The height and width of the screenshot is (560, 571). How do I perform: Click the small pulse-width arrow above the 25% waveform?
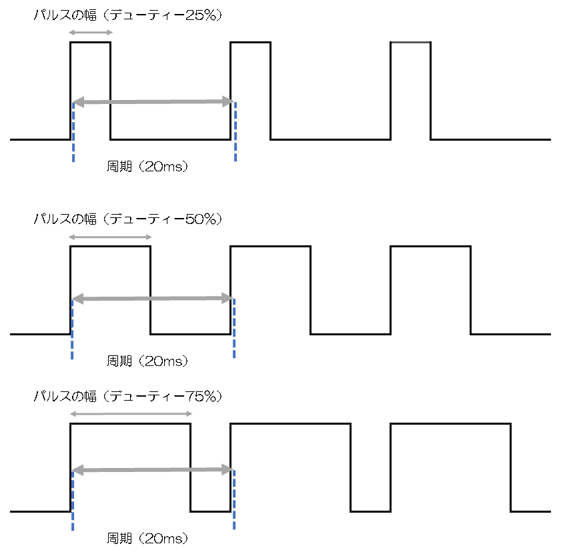coord(91,33)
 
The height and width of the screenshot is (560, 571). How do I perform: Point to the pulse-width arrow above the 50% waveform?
coord(110,237)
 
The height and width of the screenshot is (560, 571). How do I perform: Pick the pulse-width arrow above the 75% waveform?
coord(131,414)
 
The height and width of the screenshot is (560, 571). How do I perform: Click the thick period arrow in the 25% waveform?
coord(153,102)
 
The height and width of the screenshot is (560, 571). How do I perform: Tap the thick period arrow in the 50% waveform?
coord(153,299)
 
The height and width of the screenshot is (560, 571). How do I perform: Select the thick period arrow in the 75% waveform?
coord(153,470)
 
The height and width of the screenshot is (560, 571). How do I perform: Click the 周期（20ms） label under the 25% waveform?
coord(147,167)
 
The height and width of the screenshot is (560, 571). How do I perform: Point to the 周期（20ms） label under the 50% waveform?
coord(147,361)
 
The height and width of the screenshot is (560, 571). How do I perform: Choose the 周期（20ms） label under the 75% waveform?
coord(147,538)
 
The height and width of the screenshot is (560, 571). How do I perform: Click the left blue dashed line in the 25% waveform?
coord(73,133)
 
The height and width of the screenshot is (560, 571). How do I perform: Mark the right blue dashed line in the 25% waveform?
coord(235,132)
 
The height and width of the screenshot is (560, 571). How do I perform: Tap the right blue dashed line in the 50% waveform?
coord(234,329)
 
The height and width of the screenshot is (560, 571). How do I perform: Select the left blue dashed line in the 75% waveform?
coord(73,501)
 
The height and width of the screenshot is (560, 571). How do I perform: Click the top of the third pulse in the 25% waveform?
coord(411,43)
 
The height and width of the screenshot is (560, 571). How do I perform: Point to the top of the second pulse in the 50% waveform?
coord(271,247)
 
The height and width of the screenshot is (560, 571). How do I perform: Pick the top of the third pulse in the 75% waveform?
coord(451,424)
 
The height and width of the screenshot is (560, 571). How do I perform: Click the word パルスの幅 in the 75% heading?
coord(65,396)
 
